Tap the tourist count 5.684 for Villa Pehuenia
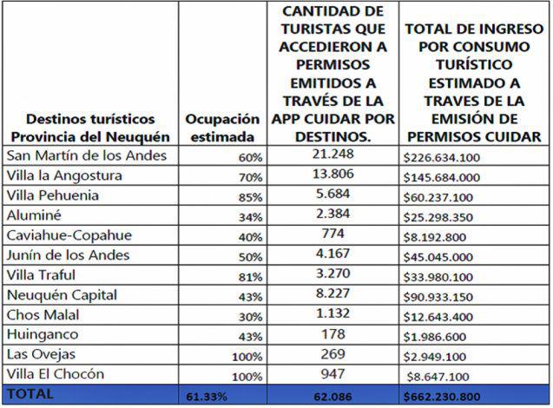click(332, 194)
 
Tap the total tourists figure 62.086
click(332, 396)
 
